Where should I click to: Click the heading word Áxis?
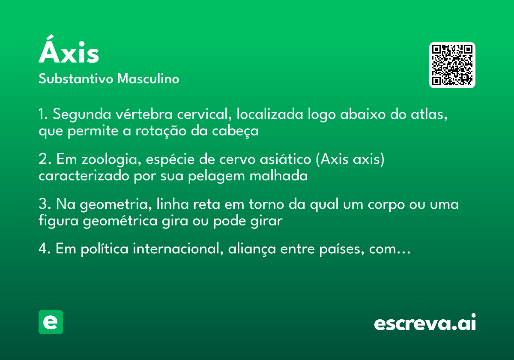pos(69,53)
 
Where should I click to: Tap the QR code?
pos(452,65)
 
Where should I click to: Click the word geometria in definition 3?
pos(114,204)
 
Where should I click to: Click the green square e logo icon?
pos(51,322)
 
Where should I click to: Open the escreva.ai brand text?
pos(425,323)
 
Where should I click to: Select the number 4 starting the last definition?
pos(42,249)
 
